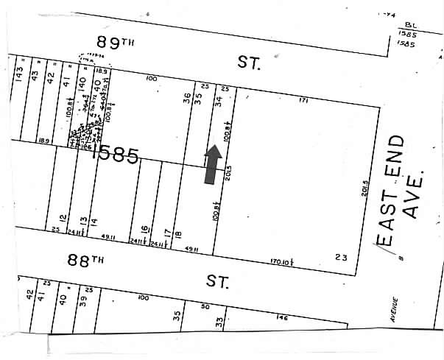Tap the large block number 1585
(113, 155)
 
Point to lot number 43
(35, 74)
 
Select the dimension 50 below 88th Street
(205, 307)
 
